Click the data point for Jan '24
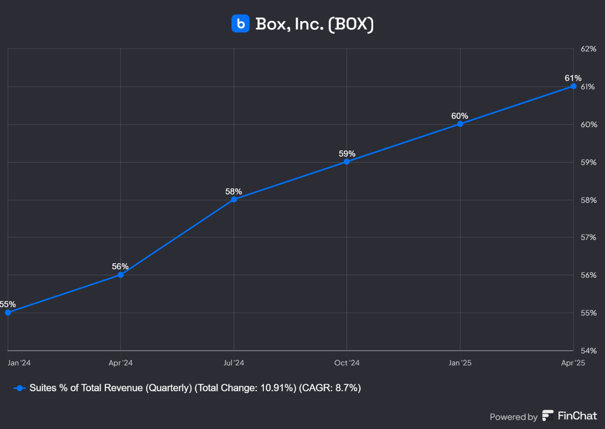click(8, 312)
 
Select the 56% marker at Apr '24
click(121, 275)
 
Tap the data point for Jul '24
click(234, 199)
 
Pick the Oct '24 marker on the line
click(347, 161)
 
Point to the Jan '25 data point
click(460, 124)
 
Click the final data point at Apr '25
click(573, 86)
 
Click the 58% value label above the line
click(234, 191)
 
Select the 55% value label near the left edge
click(7, 304)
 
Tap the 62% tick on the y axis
click(588, 49)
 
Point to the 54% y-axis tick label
click(588, 350)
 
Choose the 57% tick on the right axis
click(588, 237)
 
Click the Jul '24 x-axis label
click(234, 363)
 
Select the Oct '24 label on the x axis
click(347, 363)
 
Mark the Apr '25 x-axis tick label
click(573, 363)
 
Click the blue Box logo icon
click(240, 24)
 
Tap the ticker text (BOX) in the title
click(351, 24)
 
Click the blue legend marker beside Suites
click(20, 388)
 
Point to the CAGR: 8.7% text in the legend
click(330, 388)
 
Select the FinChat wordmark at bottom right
click(577, 416)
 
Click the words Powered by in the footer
click(513, 417)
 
